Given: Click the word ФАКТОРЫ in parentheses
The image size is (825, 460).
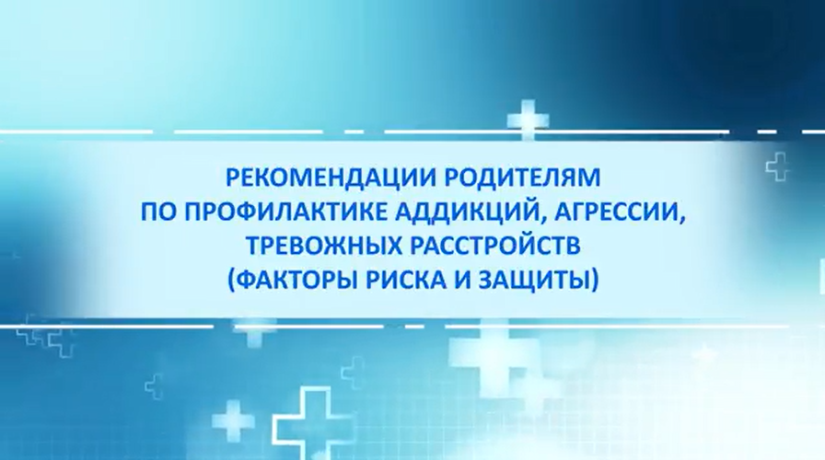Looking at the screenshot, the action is pyautogui.click(x=296, y=279).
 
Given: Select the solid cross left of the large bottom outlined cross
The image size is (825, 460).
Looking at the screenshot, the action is pyautogui.click(x=233, y=420).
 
